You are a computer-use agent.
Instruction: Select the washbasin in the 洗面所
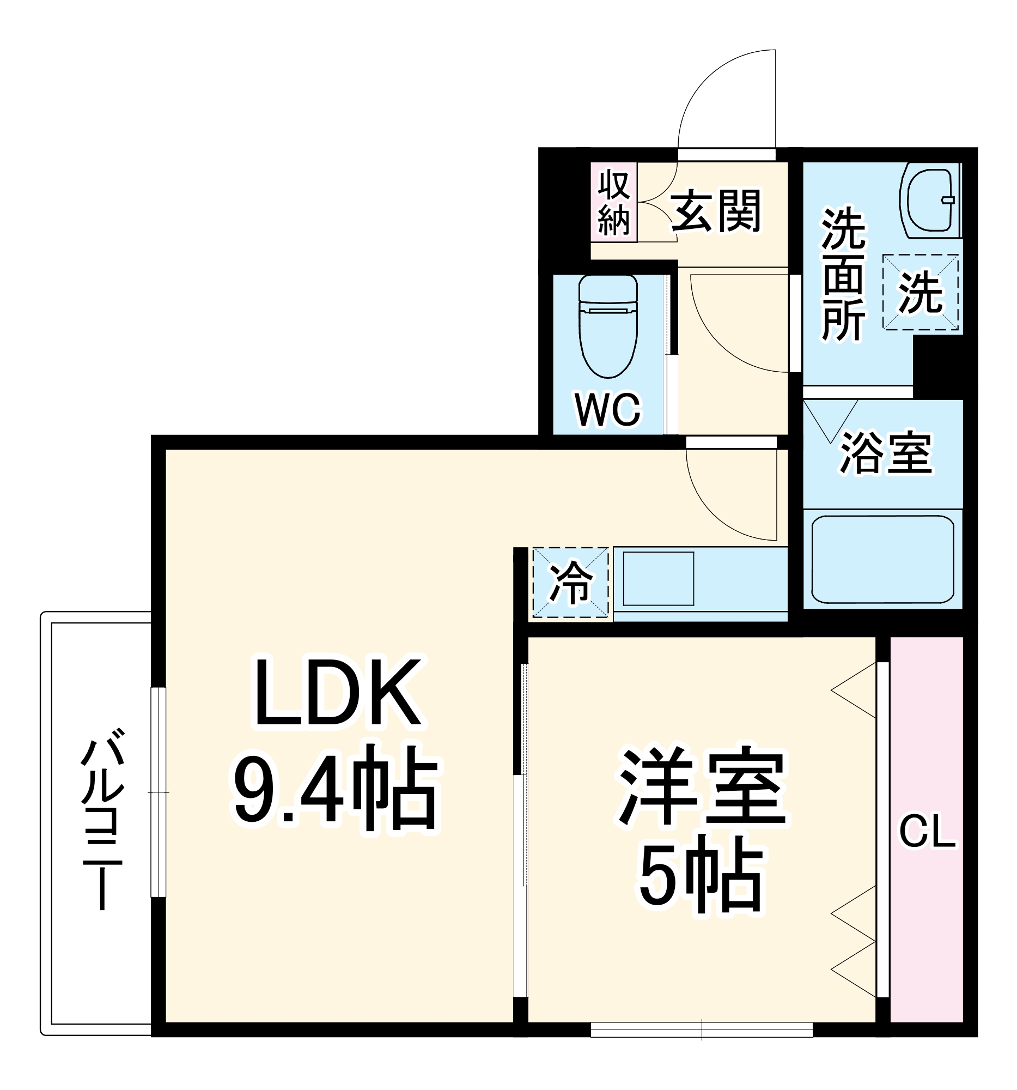click(930, 201)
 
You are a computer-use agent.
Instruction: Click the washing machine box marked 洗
click(920, 292)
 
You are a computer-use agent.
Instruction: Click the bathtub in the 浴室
click(882, 559)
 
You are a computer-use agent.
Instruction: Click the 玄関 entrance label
click(716, 211)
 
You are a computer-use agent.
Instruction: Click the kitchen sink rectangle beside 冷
click(658, 579)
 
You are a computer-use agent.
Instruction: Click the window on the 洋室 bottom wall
click(702, 1030)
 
